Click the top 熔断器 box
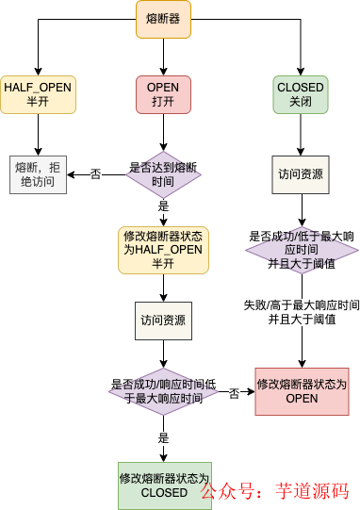[163, 20]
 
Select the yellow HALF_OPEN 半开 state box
[37, 94]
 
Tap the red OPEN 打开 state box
[163, 94]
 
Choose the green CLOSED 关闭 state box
[301, 94]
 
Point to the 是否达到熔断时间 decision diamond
[163, 174]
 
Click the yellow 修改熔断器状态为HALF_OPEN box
[163, 249]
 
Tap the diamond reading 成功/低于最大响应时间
[302, 250]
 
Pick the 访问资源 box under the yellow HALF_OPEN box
[163, 320]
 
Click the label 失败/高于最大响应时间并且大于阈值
[302, 312]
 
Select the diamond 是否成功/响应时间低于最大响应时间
[162, 391]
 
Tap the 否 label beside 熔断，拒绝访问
[96, 174]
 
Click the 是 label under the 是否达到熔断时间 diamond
[163, 206]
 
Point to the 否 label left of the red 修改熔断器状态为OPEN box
[234, 391]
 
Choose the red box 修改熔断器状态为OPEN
[302, 391]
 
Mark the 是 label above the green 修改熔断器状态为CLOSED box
[163, 438]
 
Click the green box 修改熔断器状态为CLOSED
[164, 485]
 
